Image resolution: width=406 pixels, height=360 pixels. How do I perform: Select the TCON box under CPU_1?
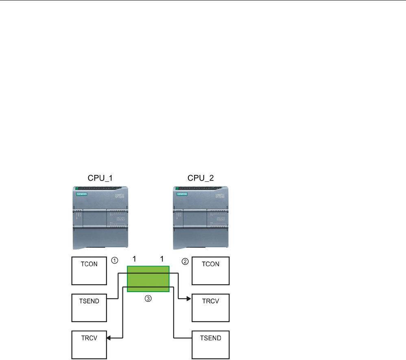(89, 271)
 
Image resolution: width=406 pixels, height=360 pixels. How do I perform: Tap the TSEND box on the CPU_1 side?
(89, 307)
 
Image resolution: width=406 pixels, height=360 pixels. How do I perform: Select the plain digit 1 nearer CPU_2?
(162, 258)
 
